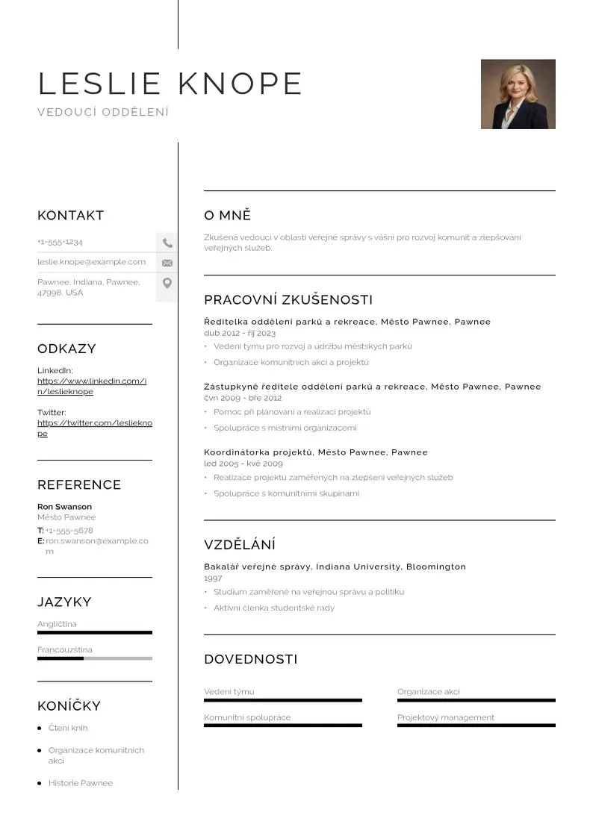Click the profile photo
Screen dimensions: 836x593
[518, 94]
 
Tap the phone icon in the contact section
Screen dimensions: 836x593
[167, 243]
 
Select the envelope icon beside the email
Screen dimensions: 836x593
[167, 263]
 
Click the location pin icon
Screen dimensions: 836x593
[167, 283]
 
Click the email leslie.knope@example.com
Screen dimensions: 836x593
[91, 262]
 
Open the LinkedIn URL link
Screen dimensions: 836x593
[91, 386]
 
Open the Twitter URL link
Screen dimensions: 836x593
[94, 428]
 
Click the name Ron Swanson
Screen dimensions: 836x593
[64, 507]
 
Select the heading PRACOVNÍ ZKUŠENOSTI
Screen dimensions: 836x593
[288, 300]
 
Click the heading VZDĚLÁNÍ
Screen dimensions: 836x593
[239, 545]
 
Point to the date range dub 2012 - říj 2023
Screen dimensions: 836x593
[239, 333]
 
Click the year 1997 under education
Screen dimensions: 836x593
[213, 578]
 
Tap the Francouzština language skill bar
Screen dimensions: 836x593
[94, 658]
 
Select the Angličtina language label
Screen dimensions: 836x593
[57, 624]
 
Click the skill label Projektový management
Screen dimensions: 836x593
[445, 717]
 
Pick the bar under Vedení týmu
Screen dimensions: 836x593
[282, 700]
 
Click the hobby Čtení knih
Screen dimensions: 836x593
[68, 728]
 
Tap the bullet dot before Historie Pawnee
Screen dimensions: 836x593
[39, 783]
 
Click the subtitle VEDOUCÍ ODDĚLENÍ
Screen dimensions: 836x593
[103, 112]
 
